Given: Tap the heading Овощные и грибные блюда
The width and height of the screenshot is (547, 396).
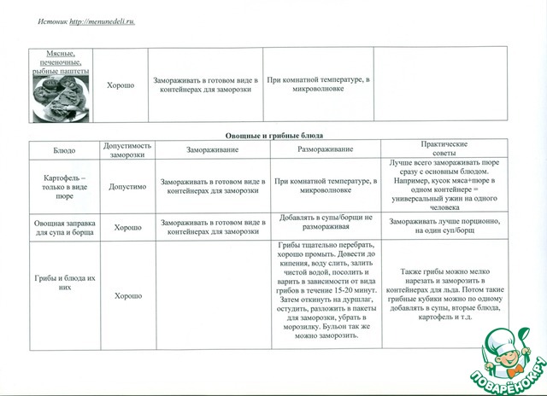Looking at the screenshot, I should (x=273, y=136).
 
